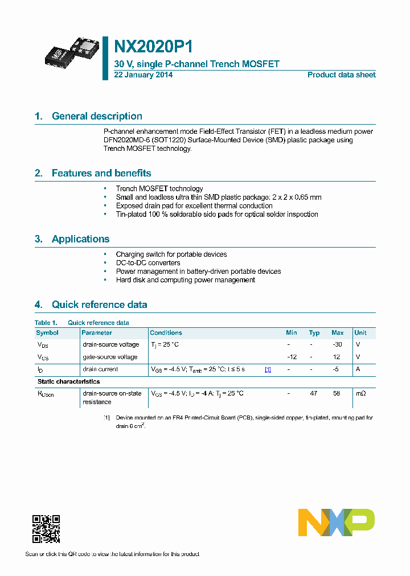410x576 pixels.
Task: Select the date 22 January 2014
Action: tap(143, 75)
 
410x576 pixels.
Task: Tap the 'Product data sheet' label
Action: tap(341, 75)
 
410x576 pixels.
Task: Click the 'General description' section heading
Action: tap(97, 116)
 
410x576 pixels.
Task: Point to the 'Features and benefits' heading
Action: tap(101, 173)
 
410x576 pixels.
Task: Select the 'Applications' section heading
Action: tap(80, 239)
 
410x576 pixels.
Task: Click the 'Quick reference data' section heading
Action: tap(99, 305)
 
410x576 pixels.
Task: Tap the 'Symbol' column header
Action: tap(47, 332)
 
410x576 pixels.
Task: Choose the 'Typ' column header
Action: tap(314, 332)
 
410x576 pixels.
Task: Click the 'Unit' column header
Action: tap(360, 332)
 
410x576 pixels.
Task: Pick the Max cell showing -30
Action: tap(337, 344)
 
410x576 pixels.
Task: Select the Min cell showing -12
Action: tap(292, 357)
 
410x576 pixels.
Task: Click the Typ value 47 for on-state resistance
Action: tap(314, 393)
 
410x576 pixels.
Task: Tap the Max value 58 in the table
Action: tap(337, 393)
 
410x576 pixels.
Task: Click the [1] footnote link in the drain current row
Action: tap(268, 369)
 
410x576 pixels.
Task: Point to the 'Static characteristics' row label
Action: tap(68, 381)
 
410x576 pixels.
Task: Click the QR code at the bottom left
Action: tap(46, 529)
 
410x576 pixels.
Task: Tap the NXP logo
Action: tap(337, 522)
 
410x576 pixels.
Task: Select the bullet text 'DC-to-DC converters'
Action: tap(148, 263)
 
